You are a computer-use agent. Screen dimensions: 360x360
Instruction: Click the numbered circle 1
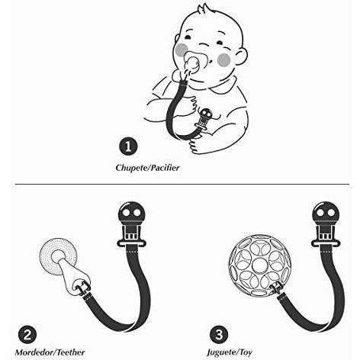coord(128,146)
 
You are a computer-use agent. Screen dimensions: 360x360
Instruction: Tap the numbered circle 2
coord(27,335)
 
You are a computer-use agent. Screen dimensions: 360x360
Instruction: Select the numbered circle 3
coord(219,334)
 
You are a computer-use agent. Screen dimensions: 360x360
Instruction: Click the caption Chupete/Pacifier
coord(147,168)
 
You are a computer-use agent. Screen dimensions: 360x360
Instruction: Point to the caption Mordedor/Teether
coord(50,352)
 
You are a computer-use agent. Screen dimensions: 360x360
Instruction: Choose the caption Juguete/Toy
coord(230,352)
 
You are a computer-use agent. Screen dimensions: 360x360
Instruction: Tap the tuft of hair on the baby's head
coord(202,10)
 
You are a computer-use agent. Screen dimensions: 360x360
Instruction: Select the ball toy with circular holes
coord(260,265)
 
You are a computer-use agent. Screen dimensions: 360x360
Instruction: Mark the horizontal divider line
coord(182,184)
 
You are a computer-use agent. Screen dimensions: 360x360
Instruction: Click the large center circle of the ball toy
coord(260,265)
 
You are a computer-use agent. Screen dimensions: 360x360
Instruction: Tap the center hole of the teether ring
coord(58,257)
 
